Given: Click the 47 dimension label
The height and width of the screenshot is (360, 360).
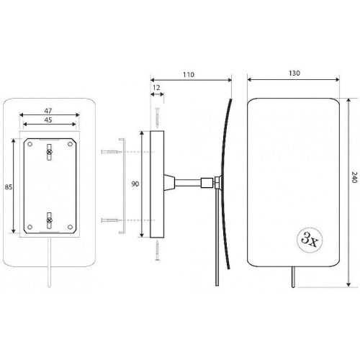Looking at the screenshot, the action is (48, 111).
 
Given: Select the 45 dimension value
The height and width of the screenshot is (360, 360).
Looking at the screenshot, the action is (48, 120).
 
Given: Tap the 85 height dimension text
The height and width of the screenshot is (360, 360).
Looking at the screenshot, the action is (9, 186).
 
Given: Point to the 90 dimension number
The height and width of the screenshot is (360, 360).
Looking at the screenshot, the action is (135, 184).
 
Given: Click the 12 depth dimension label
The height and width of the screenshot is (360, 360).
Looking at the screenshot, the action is (156, 88).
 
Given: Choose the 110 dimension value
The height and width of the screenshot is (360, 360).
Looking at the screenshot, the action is (189, 75).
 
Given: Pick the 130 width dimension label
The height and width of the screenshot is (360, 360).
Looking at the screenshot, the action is (294, 73).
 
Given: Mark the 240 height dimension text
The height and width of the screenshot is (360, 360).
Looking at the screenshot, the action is (354, 177).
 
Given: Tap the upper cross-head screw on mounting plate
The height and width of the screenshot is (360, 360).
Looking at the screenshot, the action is (49, 152).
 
